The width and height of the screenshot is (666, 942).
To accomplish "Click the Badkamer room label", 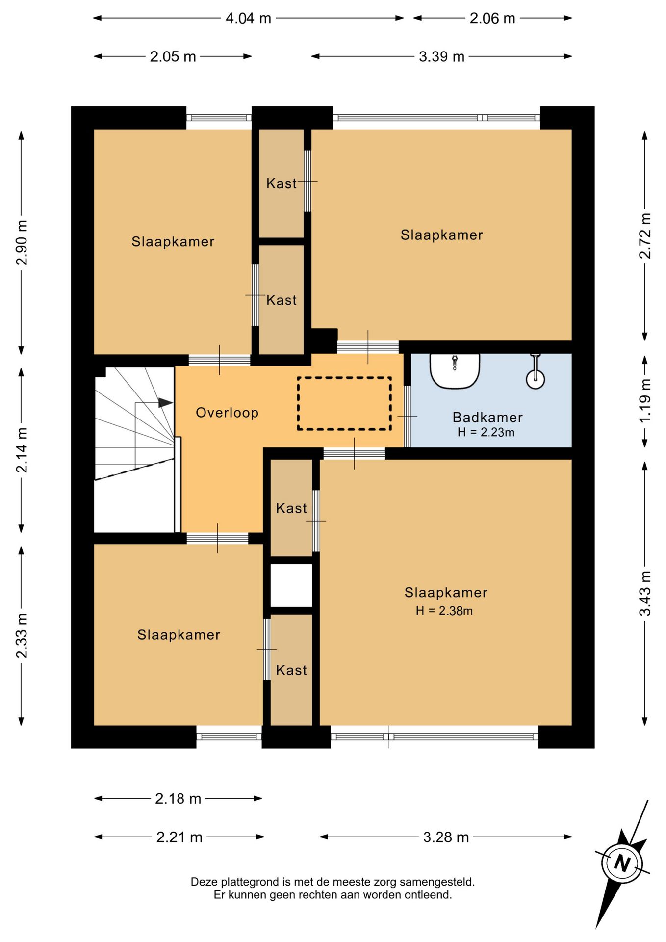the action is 487,417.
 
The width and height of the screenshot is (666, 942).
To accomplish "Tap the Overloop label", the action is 227,413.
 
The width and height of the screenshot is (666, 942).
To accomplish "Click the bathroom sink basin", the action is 455,371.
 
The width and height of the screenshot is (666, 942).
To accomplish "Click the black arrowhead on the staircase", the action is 166,403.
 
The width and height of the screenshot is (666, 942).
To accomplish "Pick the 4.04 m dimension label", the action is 248,18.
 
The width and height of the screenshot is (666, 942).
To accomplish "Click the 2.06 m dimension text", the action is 492,18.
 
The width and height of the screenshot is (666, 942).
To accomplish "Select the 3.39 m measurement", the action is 441,56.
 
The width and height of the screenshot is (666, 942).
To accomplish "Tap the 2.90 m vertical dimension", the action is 22,242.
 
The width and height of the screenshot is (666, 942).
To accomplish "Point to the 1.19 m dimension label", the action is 645,400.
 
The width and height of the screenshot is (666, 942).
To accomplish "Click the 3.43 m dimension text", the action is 645,593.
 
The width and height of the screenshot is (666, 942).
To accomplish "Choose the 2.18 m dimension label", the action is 178,799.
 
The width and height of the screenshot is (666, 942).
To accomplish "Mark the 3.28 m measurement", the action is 446,837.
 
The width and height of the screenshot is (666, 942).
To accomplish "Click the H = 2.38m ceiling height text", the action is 444,611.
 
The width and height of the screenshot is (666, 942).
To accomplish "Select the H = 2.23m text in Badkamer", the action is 486,432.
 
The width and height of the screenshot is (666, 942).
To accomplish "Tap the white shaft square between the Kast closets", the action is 291,585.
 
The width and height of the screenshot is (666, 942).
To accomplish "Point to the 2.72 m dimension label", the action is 645,235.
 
